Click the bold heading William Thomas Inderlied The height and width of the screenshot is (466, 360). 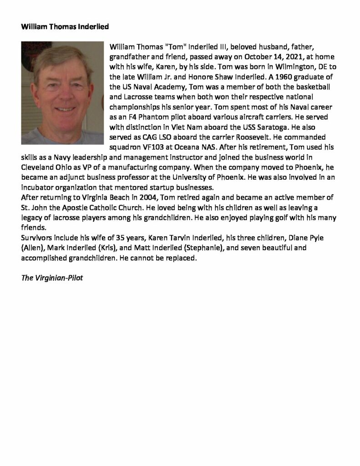tap(65, 27)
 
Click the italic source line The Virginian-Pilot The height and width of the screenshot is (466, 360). tap(52, 277)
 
